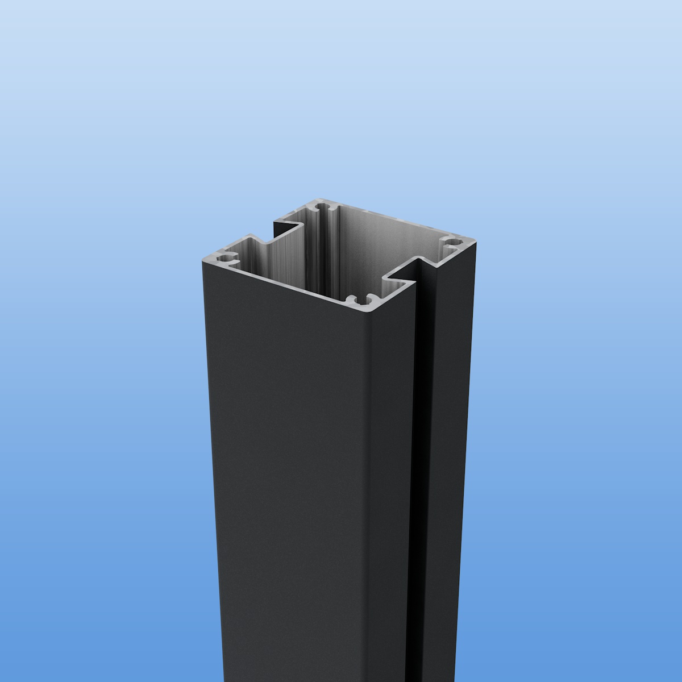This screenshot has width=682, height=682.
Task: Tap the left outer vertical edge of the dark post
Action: (203, 455)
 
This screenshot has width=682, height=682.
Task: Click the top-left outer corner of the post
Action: (203, 261)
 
